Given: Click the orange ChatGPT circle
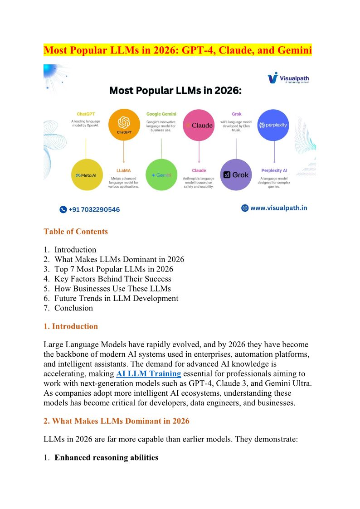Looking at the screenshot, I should (124, 125).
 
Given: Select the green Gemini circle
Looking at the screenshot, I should (161, 175).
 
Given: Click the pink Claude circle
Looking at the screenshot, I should (199, 125).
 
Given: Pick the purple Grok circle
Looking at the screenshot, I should (236, 175).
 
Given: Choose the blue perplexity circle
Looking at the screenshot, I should (273, 125).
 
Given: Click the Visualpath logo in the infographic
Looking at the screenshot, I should (288, 78).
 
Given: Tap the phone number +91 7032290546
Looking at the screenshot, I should (94, 209).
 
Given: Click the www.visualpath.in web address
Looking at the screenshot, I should (278, 208).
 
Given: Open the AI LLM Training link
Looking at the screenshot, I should (149, 373).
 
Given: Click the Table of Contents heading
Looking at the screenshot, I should (76, 232).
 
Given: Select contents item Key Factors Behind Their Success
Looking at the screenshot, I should (113, 279).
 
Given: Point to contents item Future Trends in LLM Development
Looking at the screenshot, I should (116, 298).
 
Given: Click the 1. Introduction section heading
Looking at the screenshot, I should (71, 326).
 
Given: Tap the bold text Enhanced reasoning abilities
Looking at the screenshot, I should (107, 457).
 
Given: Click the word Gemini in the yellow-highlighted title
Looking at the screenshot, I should (293, 50).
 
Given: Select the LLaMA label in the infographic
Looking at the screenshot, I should (124, 170).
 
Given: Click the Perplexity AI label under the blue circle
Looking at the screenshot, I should (274, 170).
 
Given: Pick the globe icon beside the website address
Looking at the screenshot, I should (245, 208).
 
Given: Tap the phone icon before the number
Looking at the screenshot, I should (63, 209).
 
